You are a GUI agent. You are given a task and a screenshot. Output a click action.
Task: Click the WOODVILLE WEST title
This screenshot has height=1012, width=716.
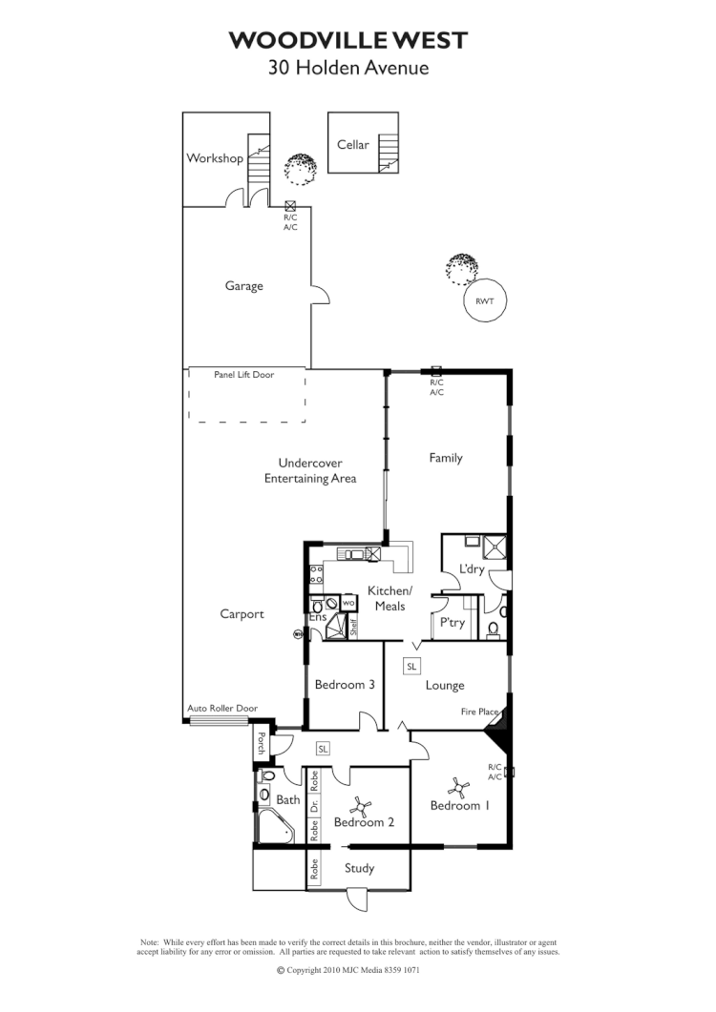348,40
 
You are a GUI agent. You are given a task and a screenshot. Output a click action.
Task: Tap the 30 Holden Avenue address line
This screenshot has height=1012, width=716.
348,68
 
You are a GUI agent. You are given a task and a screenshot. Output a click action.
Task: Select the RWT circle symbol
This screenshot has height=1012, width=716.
484,301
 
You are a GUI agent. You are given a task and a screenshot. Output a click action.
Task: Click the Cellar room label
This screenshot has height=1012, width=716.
352,145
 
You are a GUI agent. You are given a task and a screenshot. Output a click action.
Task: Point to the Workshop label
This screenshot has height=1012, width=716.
214,158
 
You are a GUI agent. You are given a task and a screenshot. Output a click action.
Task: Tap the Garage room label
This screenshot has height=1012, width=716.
243,286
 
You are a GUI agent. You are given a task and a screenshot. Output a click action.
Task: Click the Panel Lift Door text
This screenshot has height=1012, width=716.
243,375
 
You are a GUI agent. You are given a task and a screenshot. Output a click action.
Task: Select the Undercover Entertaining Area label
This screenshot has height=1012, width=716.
310,471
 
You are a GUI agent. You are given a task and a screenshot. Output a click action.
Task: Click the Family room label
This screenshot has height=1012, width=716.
445,458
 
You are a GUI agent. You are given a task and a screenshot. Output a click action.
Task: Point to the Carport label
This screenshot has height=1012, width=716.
242,614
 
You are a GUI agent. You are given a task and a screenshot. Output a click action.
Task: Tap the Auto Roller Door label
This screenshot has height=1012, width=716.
222,709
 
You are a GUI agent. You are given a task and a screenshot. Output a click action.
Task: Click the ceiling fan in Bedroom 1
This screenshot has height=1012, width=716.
459,788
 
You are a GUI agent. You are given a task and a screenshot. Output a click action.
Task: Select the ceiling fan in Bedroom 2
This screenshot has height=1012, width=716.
361,806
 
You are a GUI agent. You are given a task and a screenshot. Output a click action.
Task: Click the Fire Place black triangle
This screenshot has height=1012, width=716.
499,732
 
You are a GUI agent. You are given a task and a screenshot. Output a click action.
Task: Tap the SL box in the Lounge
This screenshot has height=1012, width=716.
411,666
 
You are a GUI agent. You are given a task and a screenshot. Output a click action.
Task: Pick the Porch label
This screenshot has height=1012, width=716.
260,744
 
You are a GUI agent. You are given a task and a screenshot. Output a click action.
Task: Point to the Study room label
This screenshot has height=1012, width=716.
359,869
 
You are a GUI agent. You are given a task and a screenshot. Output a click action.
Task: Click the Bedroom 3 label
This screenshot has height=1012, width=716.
344,685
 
